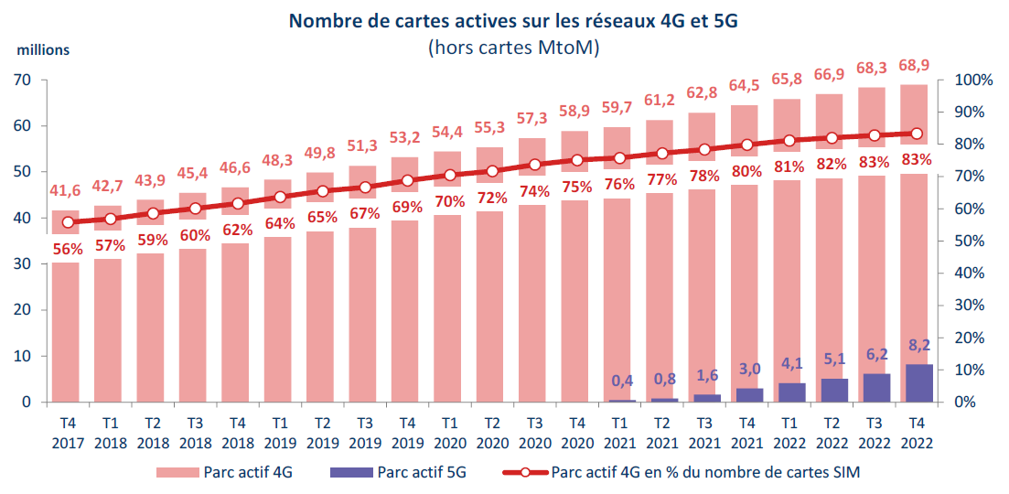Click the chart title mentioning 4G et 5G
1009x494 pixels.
tap(513, 22)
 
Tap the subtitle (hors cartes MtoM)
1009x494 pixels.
tap(513, 48)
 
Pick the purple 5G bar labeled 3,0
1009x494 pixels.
tap(748, 395)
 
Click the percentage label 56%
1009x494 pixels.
tap(68, 249)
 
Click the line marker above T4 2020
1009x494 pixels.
tap(577, 160)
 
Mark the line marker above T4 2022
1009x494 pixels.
tap(918, 134)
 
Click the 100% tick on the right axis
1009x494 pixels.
tap(973, 81)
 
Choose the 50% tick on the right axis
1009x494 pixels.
tap(973, 242)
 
